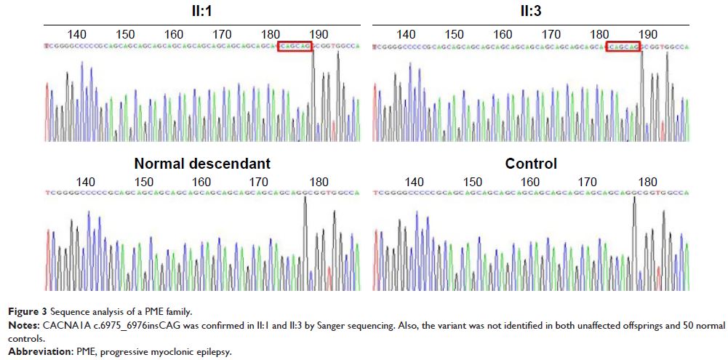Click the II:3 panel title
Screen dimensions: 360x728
528,11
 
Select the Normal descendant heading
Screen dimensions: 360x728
193,164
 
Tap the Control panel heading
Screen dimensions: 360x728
531,164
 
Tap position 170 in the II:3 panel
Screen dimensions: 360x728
551,34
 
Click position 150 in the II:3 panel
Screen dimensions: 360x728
455,34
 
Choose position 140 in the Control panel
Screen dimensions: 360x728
415,182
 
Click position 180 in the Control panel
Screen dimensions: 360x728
647,182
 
